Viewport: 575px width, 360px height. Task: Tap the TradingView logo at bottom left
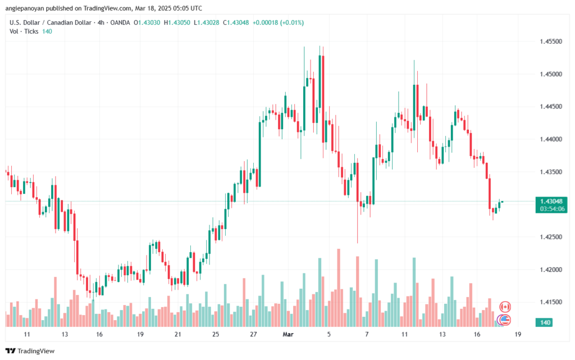click(31, 351)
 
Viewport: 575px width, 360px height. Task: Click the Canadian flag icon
click(505, 307)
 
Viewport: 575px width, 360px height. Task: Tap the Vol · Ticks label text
click(24, 31)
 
